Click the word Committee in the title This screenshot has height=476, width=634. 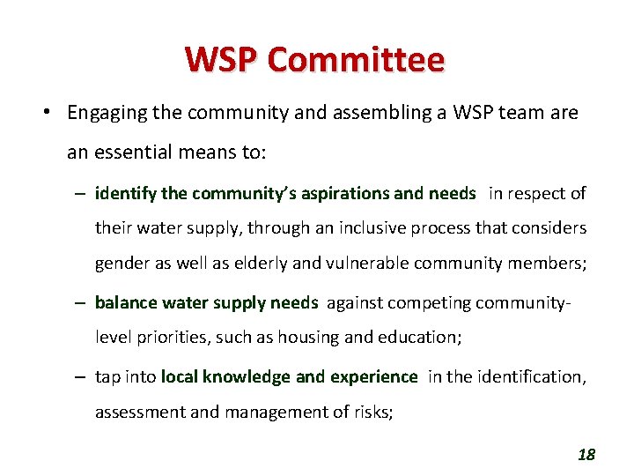(356, 59)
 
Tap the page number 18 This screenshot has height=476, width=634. (586, 455)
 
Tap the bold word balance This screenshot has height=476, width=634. (123, 303)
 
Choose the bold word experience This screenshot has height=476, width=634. (373, 377)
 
